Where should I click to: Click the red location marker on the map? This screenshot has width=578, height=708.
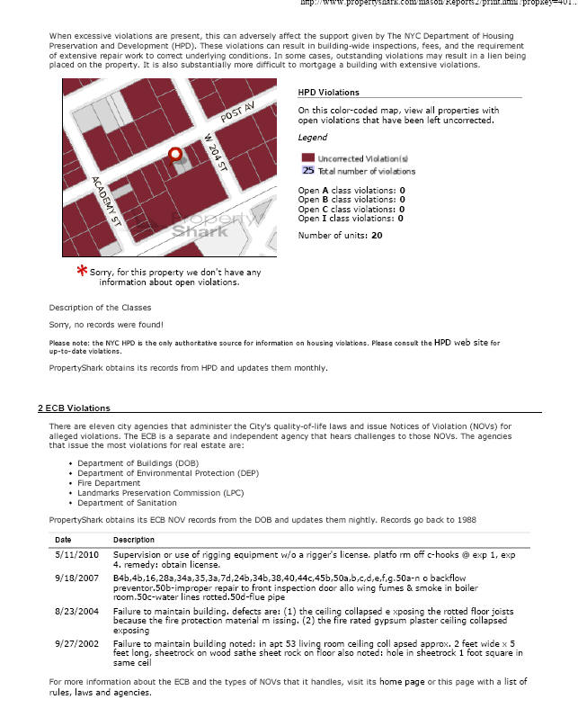175,155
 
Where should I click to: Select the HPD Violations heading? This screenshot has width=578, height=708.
328,92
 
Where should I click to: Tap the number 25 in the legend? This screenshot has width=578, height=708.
307,170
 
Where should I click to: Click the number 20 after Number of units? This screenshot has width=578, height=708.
377,235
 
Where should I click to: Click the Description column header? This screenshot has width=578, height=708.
133,540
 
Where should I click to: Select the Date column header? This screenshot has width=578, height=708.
63,540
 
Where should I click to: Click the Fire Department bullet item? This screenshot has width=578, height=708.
111,482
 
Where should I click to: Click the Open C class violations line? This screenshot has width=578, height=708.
351,209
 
